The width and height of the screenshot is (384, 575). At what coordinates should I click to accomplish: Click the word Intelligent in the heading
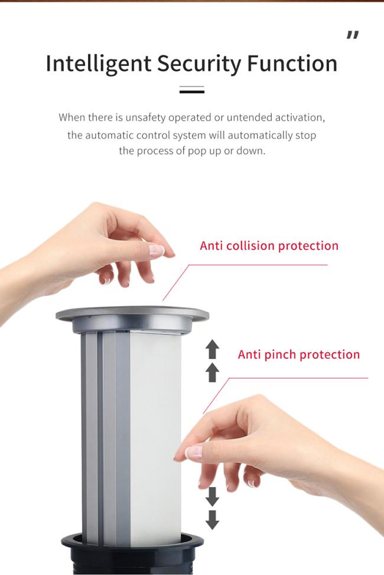[99, 64]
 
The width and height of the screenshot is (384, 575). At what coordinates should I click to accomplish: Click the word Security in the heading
[199, 64]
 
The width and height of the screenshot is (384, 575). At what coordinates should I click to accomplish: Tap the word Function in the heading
[292, 63]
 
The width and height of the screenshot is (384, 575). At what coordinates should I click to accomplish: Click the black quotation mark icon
[353, 35]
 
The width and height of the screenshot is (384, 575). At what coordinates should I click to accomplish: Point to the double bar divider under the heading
[192, 90]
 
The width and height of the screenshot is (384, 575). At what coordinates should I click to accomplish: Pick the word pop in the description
[197, 152]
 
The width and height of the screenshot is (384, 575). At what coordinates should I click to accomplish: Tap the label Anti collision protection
[269, 246]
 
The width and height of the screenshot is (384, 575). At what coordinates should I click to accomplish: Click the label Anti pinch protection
[299, 354]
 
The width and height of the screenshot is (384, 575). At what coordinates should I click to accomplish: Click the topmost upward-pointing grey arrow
[212, 349]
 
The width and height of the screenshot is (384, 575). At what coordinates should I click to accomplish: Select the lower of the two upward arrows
[212, 373]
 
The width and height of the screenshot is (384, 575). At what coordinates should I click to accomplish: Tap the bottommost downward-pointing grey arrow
[212, 520]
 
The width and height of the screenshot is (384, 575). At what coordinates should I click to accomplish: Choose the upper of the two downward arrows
[212, 497]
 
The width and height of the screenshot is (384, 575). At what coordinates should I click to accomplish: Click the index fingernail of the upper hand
[156, 250]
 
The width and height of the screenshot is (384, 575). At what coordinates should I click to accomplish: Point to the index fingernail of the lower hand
[193, 452]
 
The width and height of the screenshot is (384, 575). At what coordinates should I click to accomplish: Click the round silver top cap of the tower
[132, 315]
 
